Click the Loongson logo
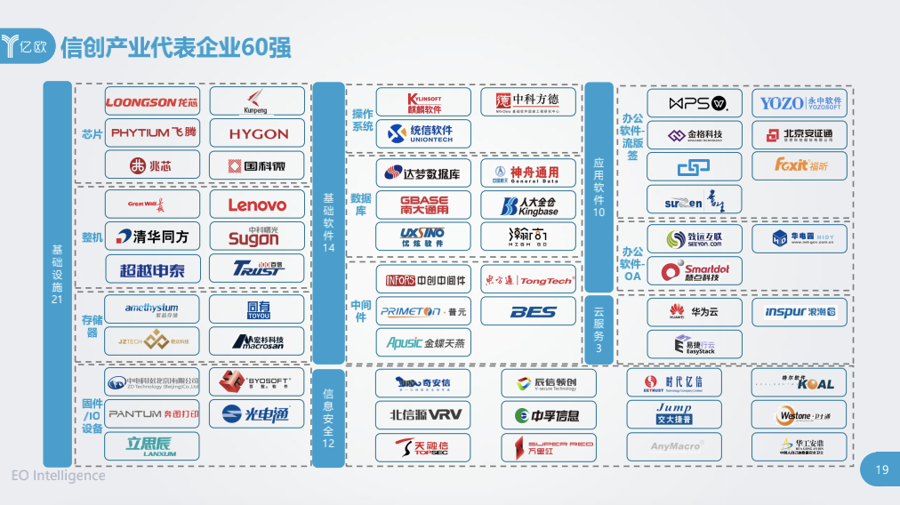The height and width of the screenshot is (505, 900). tap(152, 102)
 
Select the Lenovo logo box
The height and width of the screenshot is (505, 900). tap(257, 205)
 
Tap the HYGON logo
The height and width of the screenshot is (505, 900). tap(257, 134)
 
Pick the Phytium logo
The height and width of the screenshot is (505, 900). tap(152, 133)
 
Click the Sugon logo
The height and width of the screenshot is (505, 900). tap(257, 236)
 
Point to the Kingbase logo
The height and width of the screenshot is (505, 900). tap(528, 205)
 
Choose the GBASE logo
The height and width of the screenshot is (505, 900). tap(423, 205)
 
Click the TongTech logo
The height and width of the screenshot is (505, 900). tap(528, 281)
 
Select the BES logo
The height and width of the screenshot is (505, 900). tap(528, 312)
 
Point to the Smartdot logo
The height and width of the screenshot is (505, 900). tap(694, 270)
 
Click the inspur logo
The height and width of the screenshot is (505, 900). tap(800, 312)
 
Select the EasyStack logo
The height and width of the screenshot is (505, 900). tap(694, 345)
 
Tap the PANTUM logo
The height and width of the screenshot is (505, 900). tap(152, 414)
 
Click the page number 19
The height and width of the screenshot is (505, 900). tap(881, 470)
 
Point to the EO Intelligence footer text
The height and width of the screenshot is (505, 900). tap(58, 476)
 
